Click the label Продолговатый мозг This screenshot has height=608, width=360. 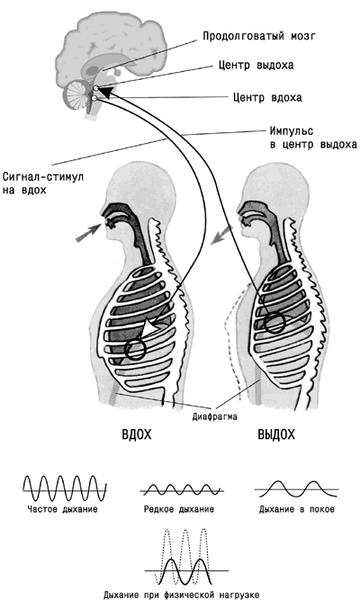[x=259, y=36]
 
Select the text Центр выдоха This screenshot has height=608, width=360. [x=256, y=65]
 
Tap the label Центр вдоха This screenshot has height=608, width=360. [x=267, y=97]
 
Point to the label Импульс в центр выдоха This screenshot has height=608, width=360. [x=313, y=138]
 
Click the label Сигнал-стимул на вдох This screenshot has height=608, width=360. [x=42, y=183]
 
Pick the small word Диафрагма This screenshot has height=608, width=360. [x=214, y=416]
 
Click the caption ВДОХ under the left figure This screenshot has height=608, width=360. [x=137, y=434]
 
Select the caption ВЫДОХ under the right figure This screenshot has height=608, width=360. [x=276, y=434]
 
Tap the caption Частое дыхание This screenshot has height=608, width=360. [x=62, y=509]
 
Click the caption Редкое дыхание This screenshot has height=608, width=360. [x=179, y=509]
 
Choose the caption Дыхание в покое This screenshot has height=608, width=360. [x=297, y=509]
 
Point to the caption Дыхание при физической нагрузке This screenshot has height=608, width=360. [x=182, y=595]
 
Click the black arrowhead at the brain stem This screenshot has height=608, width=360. [x=107, y=92]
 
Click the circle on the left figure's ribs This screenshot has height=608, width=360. [x=135, y=349]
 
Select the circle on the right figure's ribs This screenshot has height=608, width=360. [x=275, y=323]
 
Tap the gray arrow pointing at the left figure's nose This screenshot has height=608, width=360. [x=87, y=234]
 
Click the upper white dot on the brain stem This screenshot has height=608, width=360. [x=95, y=88]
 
